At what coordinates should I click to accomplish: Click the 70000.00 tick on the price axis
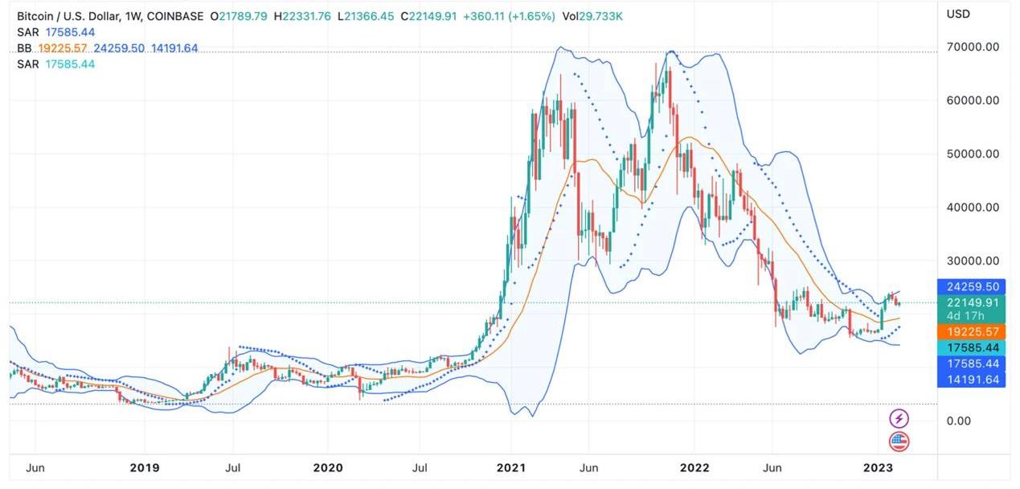coord(972,47)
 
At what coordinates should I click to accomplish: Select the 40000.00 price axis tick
coord(972,207)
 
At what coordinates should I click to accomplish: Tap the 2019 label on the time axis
coord(145,468)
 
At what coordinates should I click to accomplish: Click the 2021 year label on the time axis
coord(510,468)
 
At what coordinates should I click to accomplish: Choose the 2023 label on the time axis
coord(878,468)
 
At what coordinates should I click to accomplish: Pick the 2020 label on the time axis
coord(327,468)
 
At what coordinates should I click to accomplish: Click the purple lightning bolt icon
coord(899,418)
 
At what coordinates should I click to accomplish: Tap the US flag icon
coord(899,441)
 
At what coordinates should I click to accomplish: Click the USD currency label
coord(958,14)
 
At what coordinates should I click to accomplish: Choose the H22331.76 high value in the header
coord(301,16)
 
